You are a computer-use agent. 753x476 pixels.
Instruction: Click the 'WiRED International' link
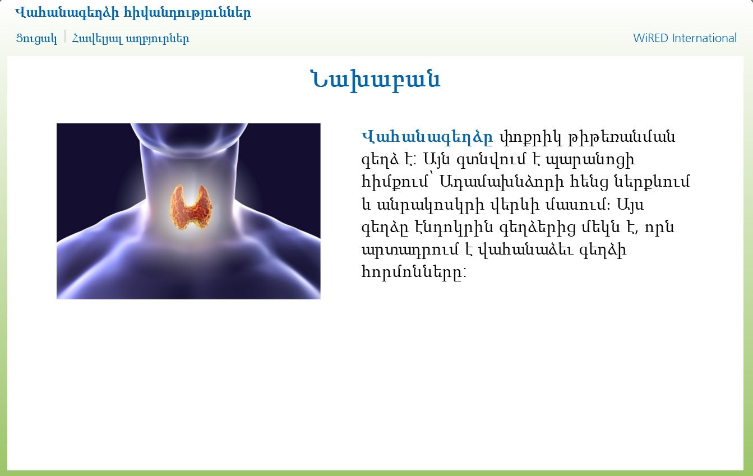point(685,38)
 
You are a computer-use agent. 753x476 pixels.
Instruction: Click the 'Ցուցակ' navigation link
point(36,38)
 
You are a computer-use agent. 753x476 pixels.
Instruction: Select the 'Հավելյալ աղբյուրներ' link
point(131,38)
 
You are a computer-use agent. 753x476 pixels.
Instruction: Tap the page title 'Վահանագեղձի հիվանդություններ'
point(133,13)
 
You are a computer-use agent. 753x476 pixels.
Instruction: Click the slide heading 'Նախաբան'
point(376,80)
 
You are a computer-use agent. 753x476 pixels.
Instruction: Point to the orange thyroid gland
point(191,207)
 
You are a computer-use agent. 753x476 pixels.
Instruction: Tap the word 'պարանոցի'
point(590,160)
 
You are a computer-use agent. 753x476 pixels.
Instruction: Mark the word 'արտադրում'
point(410,249)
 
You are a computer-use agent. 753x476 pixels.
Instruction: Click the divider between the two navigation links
point(65,36)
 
